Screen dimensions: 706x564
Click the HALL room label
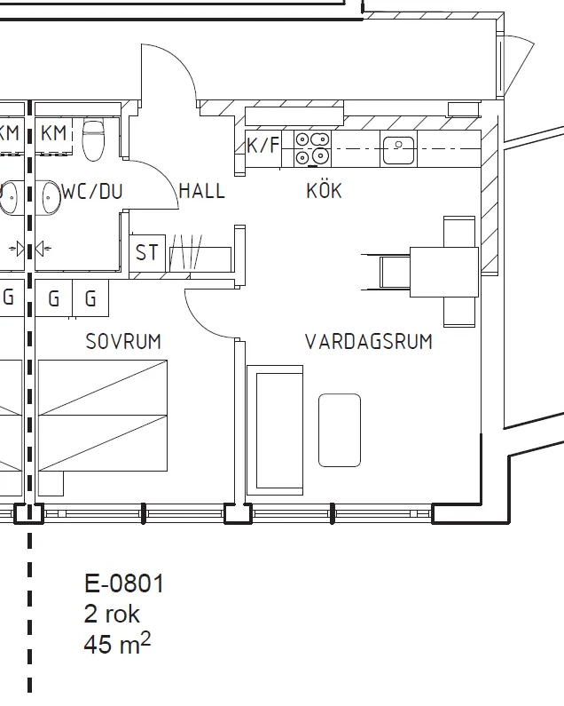coord(201,191)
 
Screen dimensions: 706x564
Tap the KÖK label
coord(324,191)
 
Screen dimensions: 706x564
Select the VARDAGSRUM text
coord(368,342)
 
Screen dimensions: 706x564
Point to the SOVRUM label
coord(123,341)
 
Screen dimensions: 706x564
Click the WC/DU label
coord(92,191)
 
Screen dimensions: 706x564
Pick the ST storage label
coord(147,253)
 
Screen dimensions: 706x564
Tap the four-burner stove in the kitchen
coord(312,147)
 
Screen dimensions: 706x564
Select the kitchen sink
coord(399,147)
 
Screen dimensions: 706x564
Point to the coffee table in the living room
coord(340,430)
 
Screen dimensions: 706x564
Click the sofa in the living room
coord(276,430)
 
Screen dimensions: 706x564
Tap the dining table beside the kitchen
coord(444,271)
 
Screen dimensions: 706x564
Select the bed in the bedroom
coord(102,416)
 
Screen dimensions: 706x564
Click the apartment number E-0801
coord(124,583)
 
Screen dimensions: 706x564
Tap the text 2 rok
coord(112,614)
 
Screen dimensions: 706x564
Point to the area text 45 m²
coord(117,644)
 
